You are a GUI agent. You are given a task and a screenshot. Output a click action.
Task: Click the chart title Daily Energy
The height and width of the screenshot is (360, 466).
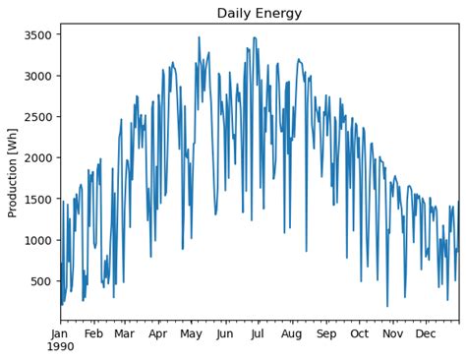pyautogui.click(x=260, y=13)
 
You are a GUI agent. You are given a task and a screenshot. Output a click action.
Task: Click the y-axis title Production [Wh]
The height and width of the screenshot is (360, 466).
pyautogui.click(x=13, y=170)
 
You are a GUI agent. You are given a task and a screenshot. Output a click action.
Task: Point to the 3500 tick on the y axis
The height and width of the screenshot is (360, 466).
pyautogui.click(x=37, y=35)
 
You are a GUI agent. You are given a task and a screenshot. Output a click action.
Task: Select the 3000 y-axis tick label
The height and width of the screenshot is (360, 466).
pyautogui.click(x=37, y=76)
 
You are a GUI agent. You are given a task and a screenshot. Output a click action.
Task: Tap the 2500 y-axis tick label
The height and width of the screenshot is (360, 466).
pyautogui.click(x=37, y=117)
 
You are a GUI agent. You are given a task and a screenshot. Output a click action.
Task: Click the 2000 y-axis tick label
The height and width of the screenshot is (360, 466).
pyautogui.click(x=37, y=158)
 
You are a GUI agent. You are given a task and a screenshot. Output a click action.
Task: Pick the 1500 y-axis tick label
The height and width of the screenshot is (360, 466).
pyautogui.click(x=37, y=200)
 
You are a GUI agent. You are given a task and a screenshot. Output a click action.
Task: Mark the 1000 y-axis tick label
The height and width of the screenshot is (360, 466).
pyautogui.click(x=37, y=240)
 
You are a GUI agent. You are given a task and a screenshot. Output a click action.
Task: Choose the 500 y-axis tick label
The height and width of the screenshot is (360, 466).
pyautogui.click(x=40, y=281)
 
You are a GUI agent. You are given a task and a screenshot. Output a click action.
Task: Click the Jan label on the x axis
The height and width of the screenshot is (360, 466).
pyautogui.click(x=60, y=333)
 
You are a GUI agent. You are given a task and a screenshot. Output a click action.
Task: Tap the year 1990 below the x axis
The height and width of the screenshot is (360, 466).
pyautogui.click(x=60, y=347)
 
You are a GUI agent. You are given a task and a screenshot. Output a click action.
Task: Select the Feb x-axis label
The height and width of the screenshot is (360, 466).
pyautogui.click(x=93, y=333)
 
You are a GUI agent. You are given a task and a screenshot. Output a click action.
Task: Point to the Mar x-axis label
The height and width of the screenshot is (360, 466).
pyautogui.click(x=124, y=333)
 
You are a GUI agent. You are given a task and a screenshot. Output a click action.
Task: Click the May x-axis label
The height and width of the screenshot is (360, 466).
pyautogui.click(x=191, y=333)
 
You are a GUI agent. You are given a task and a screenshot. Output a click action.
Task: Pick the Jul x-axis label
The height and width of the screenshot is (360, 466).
pyautogui.click(x=259, y=333)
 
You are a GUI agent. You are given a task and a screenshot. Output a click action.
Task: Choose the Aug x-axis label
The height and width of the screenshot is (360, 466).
pyautogui.click(x=292, y=333)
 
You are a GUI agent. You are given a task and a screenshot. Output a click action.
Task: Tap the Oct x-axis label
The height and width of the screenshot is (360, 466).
pyautogui.click(x=360, y=333)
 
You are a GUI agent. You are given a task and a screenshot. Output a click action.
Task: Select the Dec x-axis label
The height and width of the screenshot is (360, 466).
pyautogui.click(x=426, y=333)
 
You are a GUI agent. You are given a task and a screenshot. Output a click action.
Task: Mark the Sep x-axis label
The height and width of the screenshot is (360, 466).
pyautogui.click(x=326, y=333)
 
